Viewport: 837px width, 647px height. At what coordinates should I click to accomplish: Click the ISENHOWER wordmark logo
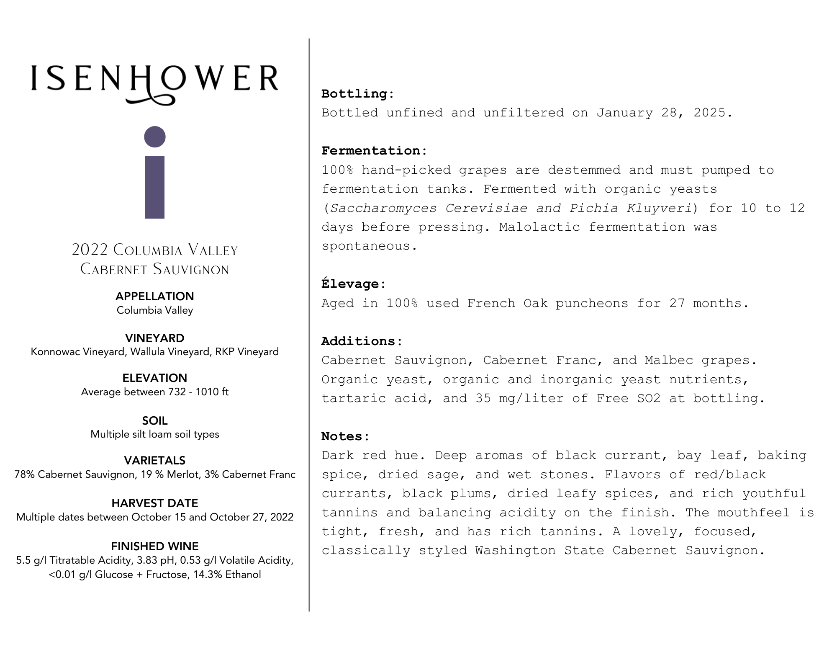point(154,82)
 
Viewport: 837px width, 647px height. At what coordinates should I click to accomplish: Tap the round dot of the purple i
point(155,137)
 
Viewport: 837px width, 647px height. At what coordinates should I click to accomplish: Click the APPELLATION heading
point(155,296)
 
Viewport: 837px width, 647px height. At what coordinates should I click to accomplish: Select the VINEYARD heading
point(155,338)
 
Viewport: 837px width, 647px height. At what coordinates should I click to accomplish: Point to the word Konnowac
point(56,352)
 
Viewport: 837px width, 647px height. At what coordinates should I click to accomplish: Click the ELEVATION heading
point(155,378)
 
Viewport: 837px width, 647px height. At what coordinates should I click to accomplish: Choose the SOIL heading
point(155,420)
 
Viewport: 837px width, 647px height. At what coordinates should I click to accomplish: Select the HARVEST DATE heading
point(155,503)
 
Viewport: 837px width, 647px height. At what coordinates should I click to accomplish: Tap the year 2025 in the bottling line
point(709,113)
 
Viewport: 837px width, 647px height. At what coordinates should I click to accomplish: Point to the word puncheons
point(592,303)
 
